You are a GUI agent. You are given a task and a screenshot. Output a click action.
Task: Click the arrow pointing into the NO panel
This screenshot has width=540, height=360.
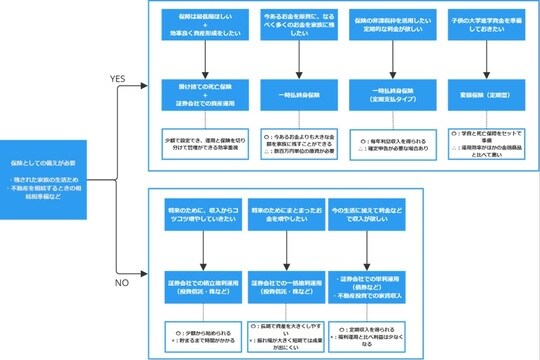(x=139, y=270)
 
